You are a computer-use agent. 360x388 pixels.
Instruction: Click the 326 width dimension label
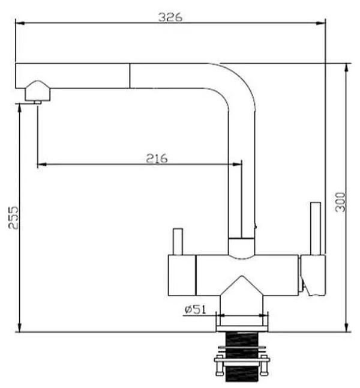coord(170,17)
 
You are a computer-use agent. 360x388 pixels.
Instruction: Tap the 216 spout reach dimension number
coord(157,159)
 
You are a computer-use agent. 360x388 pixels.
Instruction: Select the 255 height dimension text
coord(14,218)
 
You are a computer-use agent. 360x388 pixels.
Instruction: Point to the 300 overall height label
coord(340,202)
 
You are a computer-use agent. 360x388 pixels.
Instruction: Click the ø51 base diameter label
coord(196,309)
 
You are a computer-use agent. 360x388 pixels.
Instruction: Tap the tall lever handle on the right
coord(316,228)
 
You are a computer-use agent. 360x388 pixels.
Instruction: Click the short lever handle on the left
coord(178,241)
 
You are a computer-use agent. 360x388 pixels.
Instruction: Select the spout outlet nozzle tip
coord(38,102)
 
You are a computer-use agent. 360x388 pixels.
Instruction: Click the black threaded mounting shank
coord(242,357)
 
